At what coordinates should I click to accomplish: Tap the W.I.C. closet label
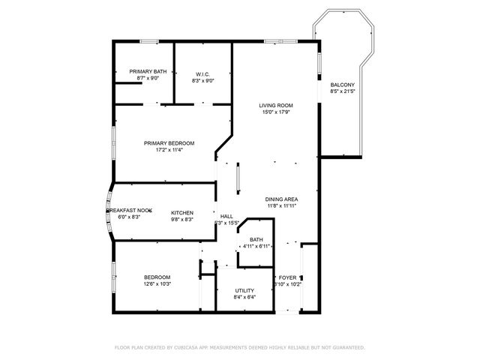click(202, 73)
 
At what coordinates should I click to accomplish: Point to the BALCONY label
click(342, 85)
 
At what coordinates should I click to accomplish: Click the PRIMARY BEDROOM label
click(169, 142)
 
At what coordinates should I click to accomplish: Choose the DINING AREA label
click(281, 199)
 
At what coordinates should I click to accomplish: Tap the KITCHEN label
click(182, 212)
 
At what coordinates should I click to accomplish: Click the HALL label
click(226, 216)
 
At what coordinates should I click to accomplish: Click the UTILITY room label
click(244, 290)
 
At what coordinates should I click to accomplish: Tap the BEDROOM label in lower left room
click(157, 277)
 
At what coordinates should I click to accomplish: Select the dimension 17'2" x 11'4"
click(169, 149)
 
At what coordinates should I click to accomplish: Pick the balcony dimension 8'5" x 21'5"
click(342, 91)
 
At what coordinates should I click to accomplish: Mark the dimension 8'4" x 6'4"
click(244, 297)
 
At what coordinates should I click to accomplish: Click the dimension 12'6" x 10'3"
click(157, 283)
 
